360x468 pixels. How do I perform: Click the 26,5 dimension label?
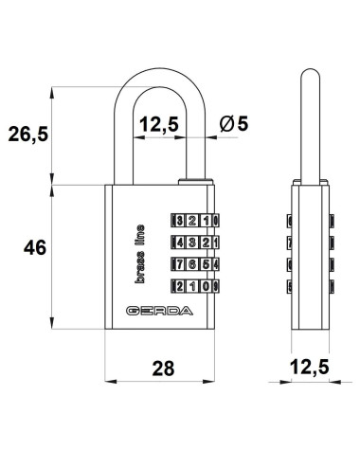tap(28, 134)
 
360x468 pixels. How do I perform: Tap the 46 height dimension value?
tap(35, 247)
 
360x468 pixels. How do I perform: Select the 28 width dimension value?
tap(163, 369)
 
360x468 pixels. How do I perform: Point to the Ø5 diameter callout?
tap(234, 123)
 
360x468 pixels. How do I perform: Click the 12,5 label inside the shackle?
tap(159, 124)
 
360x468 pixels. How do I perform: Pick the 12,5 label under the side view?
tap(309, 367)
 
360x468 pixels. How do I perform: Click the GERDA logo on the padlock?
tap(159, 311)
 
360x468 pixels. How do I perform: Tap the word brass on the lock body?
tap(139, 267)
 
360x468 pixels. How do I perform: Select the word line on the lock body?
tap(139, 236)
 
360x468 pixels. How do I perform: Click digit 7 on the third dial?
tap(180, 264)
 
